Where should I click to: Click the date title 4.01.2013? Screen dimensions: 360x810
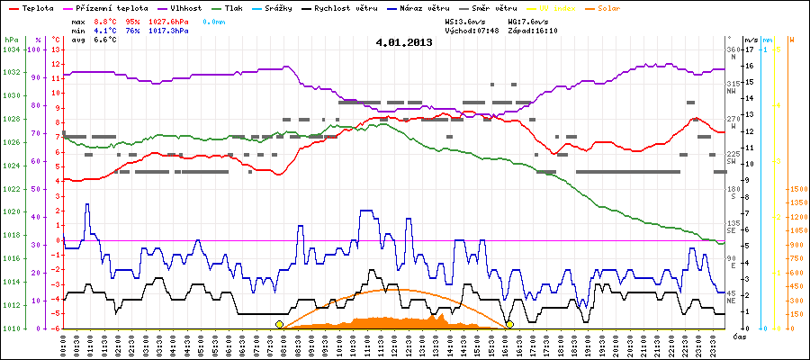[x=404, y=42]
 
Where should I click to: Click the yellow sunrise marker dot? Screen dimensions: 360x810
[x=279, y=324]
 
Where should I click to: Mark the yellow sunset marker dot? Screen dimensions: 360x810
[x=509, y=324]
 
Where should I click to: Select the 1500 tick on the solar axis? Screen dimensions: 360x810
[x=796, y=189]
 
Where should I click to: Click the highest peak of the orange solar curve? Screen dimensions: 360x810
[x=396, y=289]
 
